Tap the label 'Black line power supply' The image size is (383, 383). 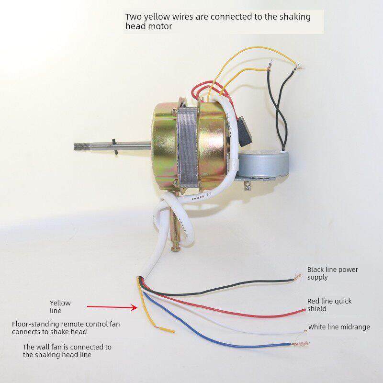click(x=332, y=273)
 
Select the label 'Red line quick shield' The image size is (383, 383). click(x=329, y=305)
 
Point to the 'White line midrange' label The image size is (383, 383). click(x=338, y=327)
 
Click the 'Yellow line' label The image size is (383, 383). click(x=60, y=306)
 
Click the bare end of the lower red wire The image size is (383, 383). click(x=303, y=310)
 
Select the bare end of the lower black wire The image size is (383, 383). click(x=297, y=279)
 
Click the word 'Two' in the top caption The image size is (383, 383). click(x=133, y=17)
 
